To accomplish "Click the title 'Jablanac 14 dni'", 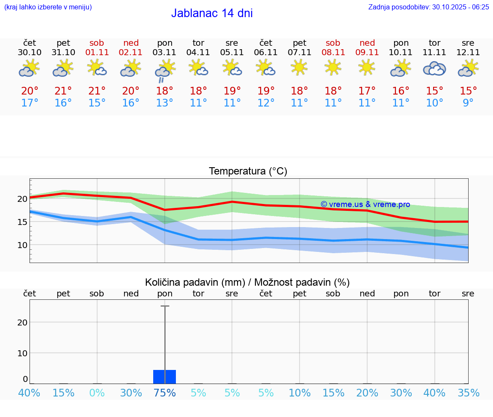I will coord(212,13).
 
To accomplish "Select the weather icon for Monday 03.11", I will coord(164,71).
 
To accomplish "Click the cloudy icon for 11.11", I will coord(434,69).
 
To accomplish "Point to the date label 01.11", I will coord(97,53).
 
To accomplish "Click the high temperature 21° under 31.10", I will coord(63,91).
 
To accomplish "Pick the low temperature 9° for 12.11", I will coord(468,103).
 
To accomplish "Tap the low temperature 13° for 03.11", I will coord(164,103).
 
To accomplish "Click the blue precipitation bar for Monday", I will coord(164,377).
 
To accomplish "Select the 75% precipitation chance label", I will coord(164,393).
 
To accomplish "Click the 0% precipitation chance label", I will coord(97,393).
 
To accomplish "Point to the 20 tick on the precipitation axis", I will coord(22,322).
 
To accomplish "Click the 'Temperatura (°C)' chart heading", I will coord(248,172).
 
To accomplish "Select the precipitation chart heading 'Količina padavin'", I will coord(247,282).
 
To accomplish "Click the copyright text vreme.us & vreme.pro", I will coord(365,204).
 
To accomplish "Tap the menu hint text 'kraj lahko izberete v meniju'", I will coord(48,7).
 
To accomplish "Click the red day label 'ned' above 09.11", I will coord(367,43).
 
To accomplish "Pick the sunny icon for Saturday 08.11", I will coord(333,67).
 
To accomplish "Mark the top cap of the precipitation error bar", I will coord(165,306).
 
